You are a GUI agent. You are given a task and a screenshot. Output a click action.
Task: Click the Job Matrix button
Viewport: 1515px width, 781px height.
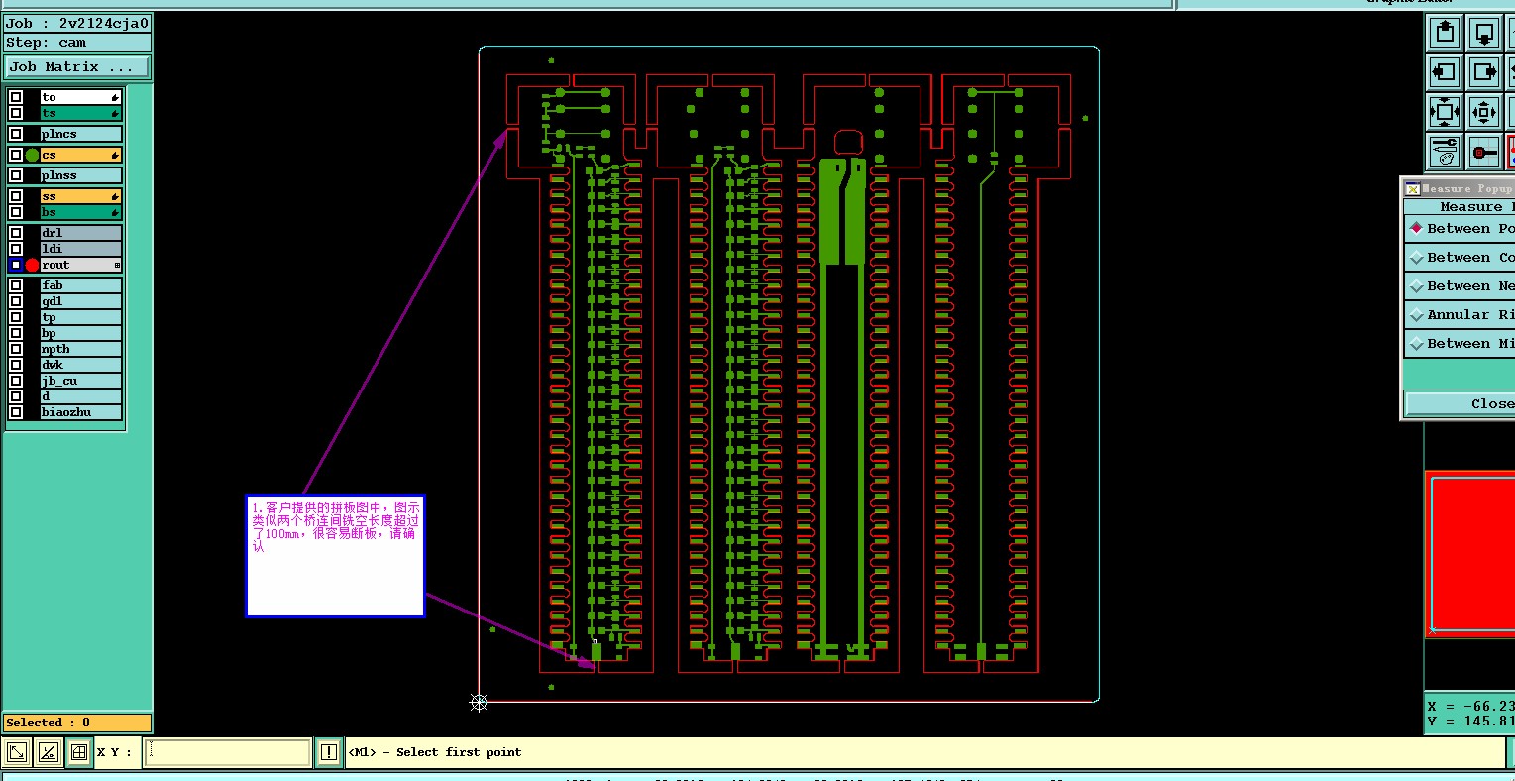click(77, 67)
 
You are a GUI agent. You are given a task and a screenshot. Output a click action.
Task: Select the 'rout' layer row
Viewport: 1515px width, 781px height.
click(79, 265)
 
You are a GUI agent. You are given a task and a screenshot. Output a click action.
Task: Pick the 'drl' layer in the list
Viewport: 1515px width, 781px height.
click(79, 233)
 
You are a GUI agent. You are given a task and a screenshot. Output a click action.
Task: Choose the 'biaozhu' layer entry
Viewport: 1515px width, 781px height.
click(79, 412)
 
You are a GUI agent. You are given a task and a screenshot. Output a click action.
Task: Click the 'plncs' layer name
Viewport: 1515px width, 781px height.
click(79, 134)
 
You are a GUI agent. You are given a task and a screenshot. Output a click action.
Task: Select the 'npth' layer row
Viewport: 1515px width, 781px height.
click(79, 349)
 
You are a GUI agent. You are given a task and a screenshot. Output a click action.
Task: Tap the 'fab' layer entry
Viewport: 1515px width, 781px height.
click(79, 285)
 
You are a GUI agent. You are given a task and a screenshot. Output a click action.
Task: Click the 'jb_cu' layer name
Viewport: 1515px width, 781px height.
click(79, 381)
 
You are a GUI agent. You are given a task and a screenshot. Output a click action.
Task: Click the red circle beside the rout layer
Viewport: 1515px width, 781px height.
click(32, 265)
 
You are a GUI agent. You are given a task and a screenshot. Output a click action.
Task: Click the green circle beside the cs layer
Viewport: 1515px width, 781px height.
click(32, 155)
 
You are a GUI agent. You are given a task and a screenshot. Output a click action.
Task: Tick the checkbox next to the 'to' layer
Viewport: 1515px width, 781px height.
click(16, 97)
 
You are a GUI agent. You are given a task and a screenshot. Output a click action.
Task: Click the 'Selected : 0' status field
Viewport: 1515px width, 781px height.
click(77, 723)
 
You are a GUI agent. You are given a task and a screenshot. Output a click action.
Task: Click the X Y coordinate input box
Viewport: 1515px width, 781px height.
click(228, 752)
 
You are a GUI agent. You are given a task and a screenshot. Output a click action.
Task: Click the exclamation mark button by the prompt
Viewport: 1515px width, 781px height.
click(329, 752)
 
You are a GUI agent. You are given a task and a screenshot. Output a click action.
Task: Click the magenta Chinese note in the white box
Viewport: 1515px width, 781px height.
click(335, 526)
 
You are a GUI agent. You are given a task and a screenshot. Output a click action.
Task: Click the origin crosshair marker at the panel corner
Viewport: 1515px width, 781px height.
click(479, 702)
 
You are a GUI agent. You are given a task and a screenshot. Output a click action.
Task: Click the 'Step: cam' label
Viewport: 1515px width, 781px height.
click(47, 43)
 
